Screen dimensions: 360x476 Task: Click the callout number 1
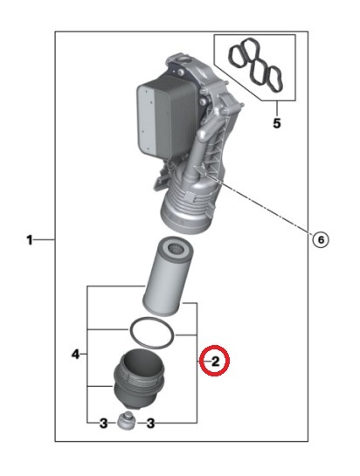point(29,240)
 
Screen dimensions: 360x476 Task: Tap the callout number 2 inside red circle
point(215,362)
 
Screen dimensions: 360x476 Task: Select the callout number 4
point(76,354)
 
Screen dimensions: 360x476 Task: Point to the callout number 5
point(277,123)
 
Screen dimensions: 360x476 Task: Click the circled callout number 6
point(321,240)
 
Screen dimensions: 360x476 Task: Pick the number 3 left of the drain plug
point(104,424)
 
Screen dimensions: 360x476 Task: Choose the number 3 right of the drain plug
point(150,424)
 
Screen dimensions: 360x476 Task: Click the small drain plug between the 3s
point(127,421)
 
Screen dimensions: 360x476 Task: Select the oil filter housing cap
point(139,379)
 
